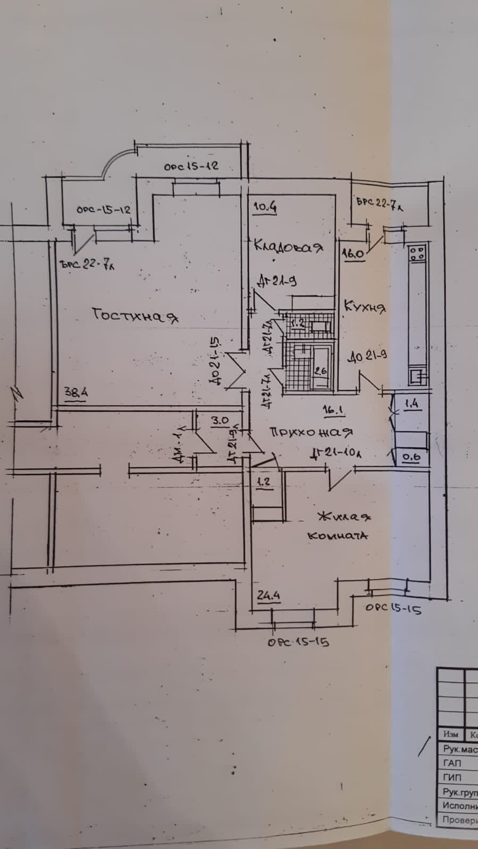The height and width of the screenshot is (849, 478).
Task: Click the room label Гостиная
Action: pyautogui.click(x=135, y=315)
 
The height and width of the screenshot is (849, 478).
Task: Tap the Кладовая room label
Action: pyautogui.click(x=288, y=246)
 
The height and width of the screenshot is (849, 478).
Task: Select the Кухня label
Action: pyautogui.click(x=365, y=306)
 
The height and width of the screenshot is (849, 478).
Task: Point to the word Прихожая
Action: pyautogui.click(x=311, y=432)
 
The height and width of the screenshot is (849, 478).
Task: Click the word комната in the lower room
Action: pyautogui.click(x=338, y=535)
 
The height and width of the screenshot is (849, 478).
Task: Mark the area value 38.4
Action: pyautogui.click(x=76, y=393)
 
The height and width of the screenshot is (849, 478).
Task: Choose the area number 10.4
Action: pyautogui.click(x=264, y=207)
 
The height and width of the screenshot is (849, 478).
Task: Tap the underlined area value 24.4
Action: pyautogui.click(x=269, y=596)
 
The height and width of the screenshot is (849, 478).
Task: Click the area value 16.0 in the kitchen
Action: pyautogui.click(x=353, y=254)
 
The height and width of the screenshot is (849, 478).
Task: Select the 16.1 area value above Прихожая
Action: pyautogui.click(x=331, y=409)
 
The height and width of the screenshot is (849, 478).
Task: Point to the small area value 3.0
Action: pyautogui.click(x=220, y=420)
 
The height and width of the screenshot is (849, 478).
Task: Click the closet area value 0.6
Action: pyautogui.click(x=410, y=456)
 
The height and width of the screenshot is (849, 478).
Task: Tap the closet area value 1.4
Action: pyautogui.click(x=412, y=404)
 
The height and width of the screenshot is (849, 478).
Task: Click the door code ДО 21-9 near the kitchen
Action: pyautogui.click(x=367, y=356)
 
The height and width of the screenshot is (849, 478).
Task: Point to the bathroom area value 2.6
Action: pyautogui.click(x=320, y=371)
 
